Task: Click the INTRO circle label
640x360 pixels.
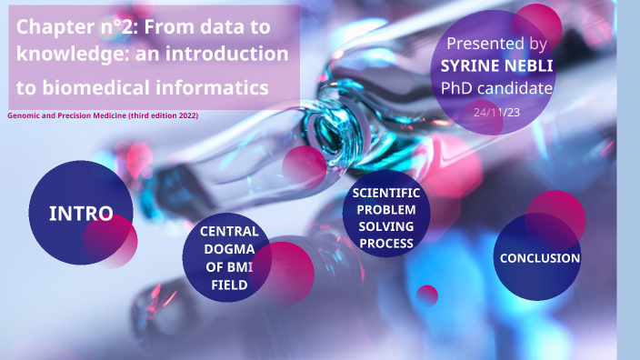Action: point(81,214)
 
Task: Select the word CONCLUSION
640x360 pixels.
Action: point(539,258)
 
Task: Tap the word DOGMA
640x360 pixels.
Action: point(229,249)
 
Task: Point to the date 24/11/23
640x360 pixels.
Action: point(495,111)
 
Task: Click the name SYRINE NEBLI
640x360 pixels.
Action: point(496,66)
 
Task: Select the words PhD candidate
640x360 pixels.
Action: point(496,88)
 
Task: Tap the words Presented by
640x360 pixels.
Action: point(496,44)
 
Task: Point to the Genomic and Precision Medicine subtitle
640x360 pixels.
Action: point(103,115)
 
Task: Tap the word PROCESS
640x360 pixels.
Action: point(386,243)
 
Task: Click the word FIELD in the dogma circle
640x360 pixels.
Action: point(229,285)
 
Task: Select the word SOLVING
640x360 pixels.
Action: point(386,226)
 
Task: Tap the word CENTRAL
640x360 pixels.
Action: point(229,231)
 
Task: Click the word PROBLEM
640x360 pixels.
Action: point(386,210)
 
